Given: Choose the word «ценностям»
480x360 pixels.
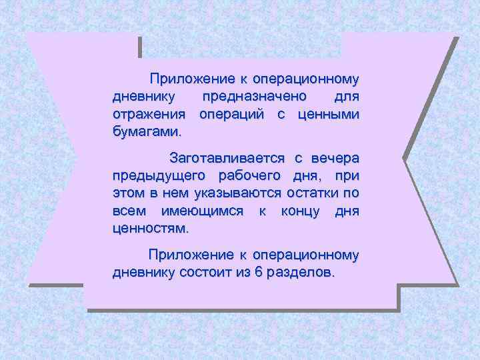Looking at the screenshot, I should tap(151, 228).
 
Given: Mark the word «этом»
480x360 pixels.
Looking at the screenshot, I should tap(129, 193).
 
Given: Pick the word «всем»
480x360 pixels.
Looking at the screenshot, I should tap(128, 211).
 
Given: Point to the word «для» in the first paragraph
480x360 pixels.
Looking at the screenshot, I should tap(347, 97).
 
